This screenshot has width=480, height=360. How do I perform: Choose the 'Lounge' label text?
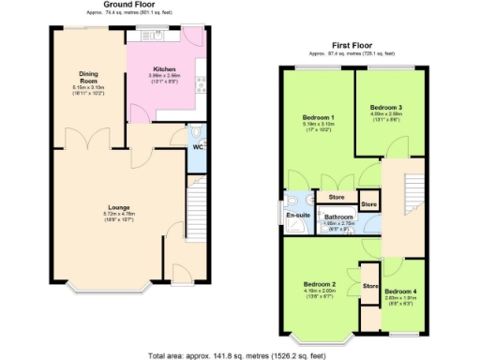117,207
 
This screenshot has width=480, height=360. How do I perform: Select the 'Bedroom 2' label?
320,284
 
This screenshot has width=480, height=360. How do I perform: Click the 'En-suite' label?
298,217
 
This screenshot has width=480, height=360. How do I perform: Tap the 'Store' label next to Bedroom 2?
369,285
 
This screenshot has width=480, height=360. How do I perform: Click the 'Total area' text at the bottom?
237,354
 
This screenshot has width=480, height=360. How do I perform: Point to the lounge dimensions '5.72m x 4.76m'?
117,215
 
